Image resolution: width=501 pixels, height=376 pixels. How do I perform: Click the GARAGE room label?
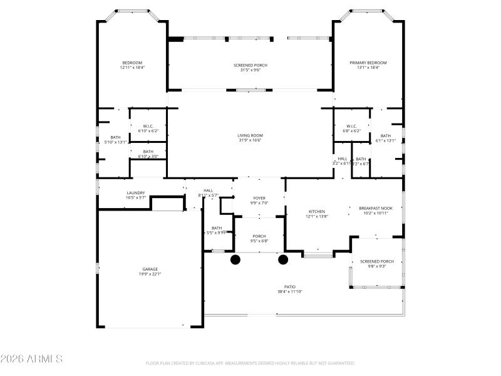(150, 269)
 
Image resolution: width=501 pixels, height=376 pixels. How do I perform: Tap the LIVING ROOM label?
(250, 135)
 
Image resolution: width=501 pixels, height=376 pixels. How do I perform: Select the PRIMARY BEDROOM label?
(368, 63)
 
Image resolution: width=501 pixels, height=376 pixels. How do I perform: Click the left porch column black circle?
(236, 259)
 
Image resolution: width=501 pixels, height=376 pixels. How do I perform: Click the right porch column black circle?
(283, 259)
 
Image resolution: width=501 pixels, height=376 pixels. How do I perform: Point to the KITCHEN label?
(317, 212)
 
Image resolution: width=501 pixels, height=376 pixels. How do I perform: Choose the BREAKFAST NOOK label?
(376, 208)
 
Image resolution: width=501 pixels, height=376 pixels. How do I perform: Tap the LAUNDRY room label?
(136, 193)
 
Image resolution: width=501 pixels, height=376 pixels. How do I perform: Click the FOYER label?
(259, 198)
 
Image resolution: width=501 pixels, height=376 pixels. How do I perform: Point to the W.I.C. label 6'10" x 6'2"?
(148, 127)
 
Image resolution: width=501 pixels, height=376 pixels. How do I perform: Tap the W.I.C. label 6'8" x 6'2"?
(351, 127)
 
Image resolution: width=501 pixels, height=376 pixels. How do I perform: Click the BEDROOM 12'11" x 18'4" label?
(132, 63)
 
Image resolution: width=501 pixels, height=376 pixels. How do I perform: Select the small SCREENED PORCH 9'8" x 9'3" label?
(377, 261)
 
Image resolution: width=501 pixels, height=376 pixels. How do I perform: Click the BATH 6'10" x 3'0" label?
(148, 152)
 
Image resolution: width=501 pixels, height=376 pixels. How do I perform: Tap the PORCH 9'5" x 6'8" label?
(259, 237)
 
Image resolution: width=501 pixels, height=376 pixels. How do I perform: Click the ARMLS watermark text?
(31, 359)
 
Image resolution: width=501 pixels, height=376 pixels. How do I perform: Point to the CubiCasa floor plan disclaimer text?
(250, 363)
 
